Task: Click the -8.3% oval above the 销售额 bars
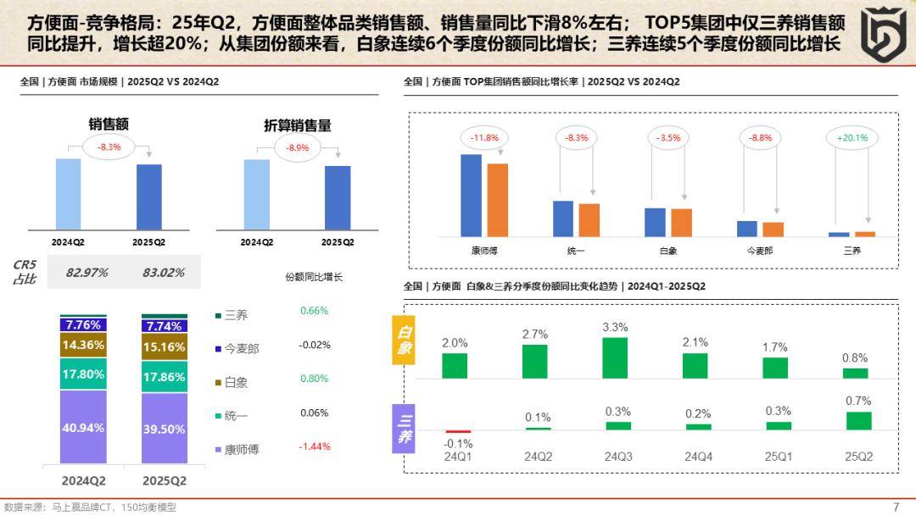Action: [109, 147]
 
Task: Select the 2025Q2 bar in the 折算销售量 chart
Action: [338, 197]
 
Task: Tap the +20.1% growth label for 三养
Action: [852, 137]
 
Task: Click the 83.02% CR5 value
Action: [159, 272]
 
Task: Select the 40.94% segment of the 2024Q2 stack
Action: [83, 428]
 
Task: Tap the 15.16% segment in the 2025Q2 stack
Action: [165, 347]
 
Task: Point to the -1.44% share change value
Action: [314, 446]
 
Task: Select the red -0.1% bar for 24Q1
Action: [458, 431]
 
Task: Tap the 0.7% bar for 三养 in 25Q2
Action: [858, 420]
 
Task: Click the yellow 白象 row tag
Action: [404, 340]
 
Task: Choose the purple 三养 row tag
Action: [404, 427]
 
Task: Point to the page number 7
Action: [896, 507]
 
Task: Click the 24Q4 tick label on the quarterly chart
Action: [699, 457]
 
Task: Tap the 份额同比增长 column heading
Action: [314, 277]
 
